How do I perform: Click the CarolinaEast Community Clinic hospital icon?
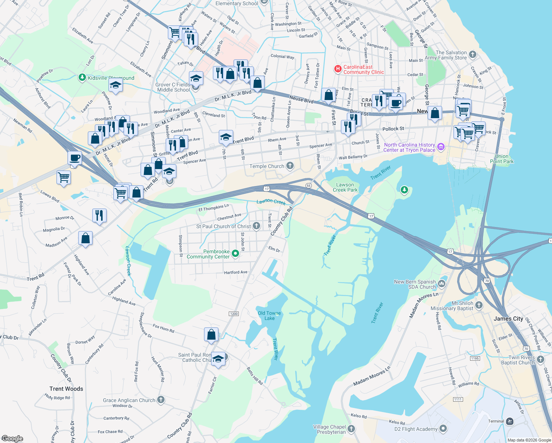tap(338, 69)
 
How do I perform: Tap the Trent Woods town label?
tap(66, 389)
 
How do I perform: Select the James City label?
tap(508, 319)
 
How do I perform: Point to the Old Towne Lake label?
tap(269, 316)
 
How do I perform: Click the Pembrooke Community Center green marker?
tap(235, 254)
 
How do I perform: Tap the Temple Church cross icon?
tap(290, 166)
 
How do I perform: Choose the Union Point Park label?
tap(501, 159)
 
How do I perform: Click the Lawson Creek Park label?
tap(345, 187)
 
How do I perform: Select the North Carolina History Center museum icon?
tap(441, 147)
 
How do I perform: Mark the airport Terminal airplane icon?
tap(510, 421)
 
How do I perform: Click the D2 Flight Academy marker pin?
tap(443, 429)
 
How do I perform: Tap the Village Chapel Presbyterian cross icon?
tap(351, 429)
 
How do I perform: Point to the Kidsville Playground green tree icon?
tap(82, 78)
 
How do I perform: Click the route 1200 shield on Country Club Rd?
tap(234, 314)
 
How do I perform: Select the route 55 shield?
tap(308, 185)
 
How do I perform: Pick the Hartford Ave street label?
tap(236, 272)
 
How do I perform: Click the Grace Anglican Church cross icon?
tap(161, 399)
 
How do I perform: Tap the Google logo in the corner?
tap(12, 438)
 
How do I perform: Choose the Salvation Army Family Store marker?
tap(472, 55)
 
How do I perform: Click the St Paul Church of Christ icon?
tap(256, 226)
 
